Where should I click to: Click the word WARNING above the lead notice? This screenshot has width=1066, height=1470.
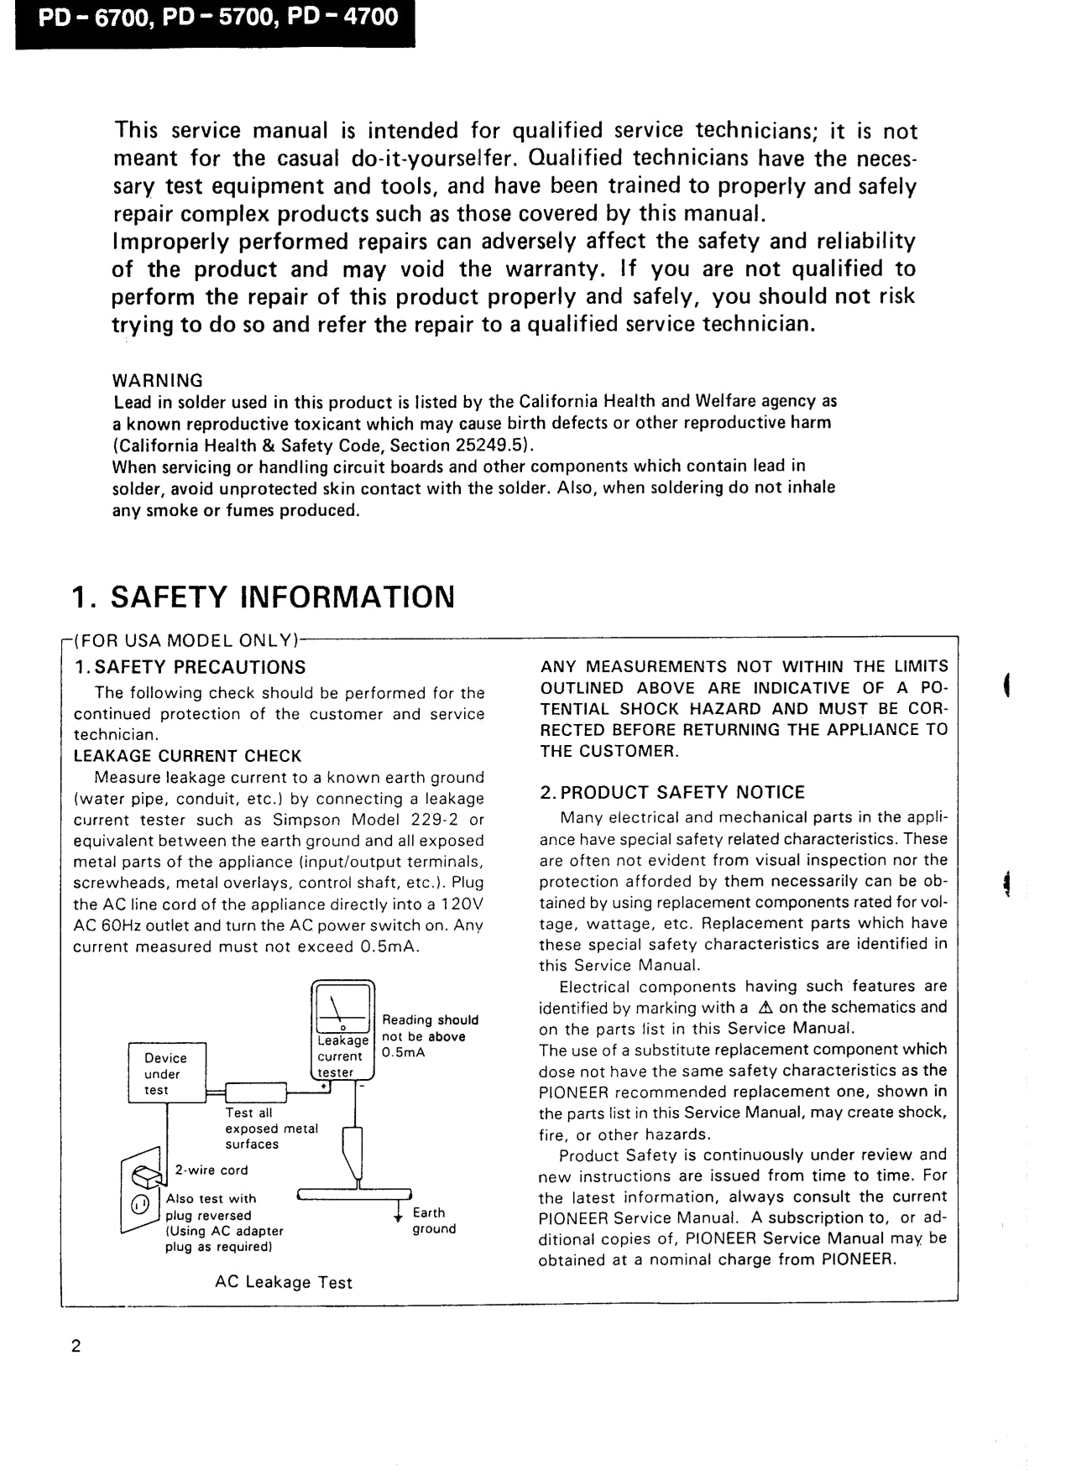(x=158, y=380)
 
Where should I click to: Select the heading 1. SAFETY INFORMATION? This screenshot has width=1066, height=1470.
(x=263, y=597)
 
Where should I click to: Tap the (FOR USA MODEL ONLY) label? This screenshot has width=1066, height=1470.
(x=185, y=641)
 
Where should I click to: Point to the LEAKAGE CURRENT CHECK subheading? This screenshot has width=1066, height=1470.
(x=187, y=755)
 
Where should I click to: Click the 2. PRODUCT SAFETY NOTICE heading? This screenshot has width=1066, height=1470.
(x=672, y=792)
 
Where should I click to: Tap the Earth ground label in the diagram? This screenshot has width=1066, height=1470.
(x=433, y=1221)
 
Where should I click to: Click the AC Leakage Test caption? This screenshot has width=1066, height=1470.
(x=284, y=1282)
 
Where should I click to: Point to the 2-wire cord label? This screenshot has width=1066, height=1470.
(x=211, y=1170)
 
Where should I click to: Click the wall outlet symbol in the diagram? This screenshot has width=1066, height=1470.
(x=140, y=1191)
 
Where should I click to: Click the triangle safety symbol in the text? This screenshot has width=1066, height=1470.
(x=765, y=1008)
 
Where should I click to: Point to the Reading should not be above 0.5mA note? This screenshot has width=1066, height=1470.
(x=430, y=1036)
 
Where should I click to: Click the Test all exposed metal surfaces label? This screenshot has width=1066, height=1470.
(x=271, y=1129)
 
